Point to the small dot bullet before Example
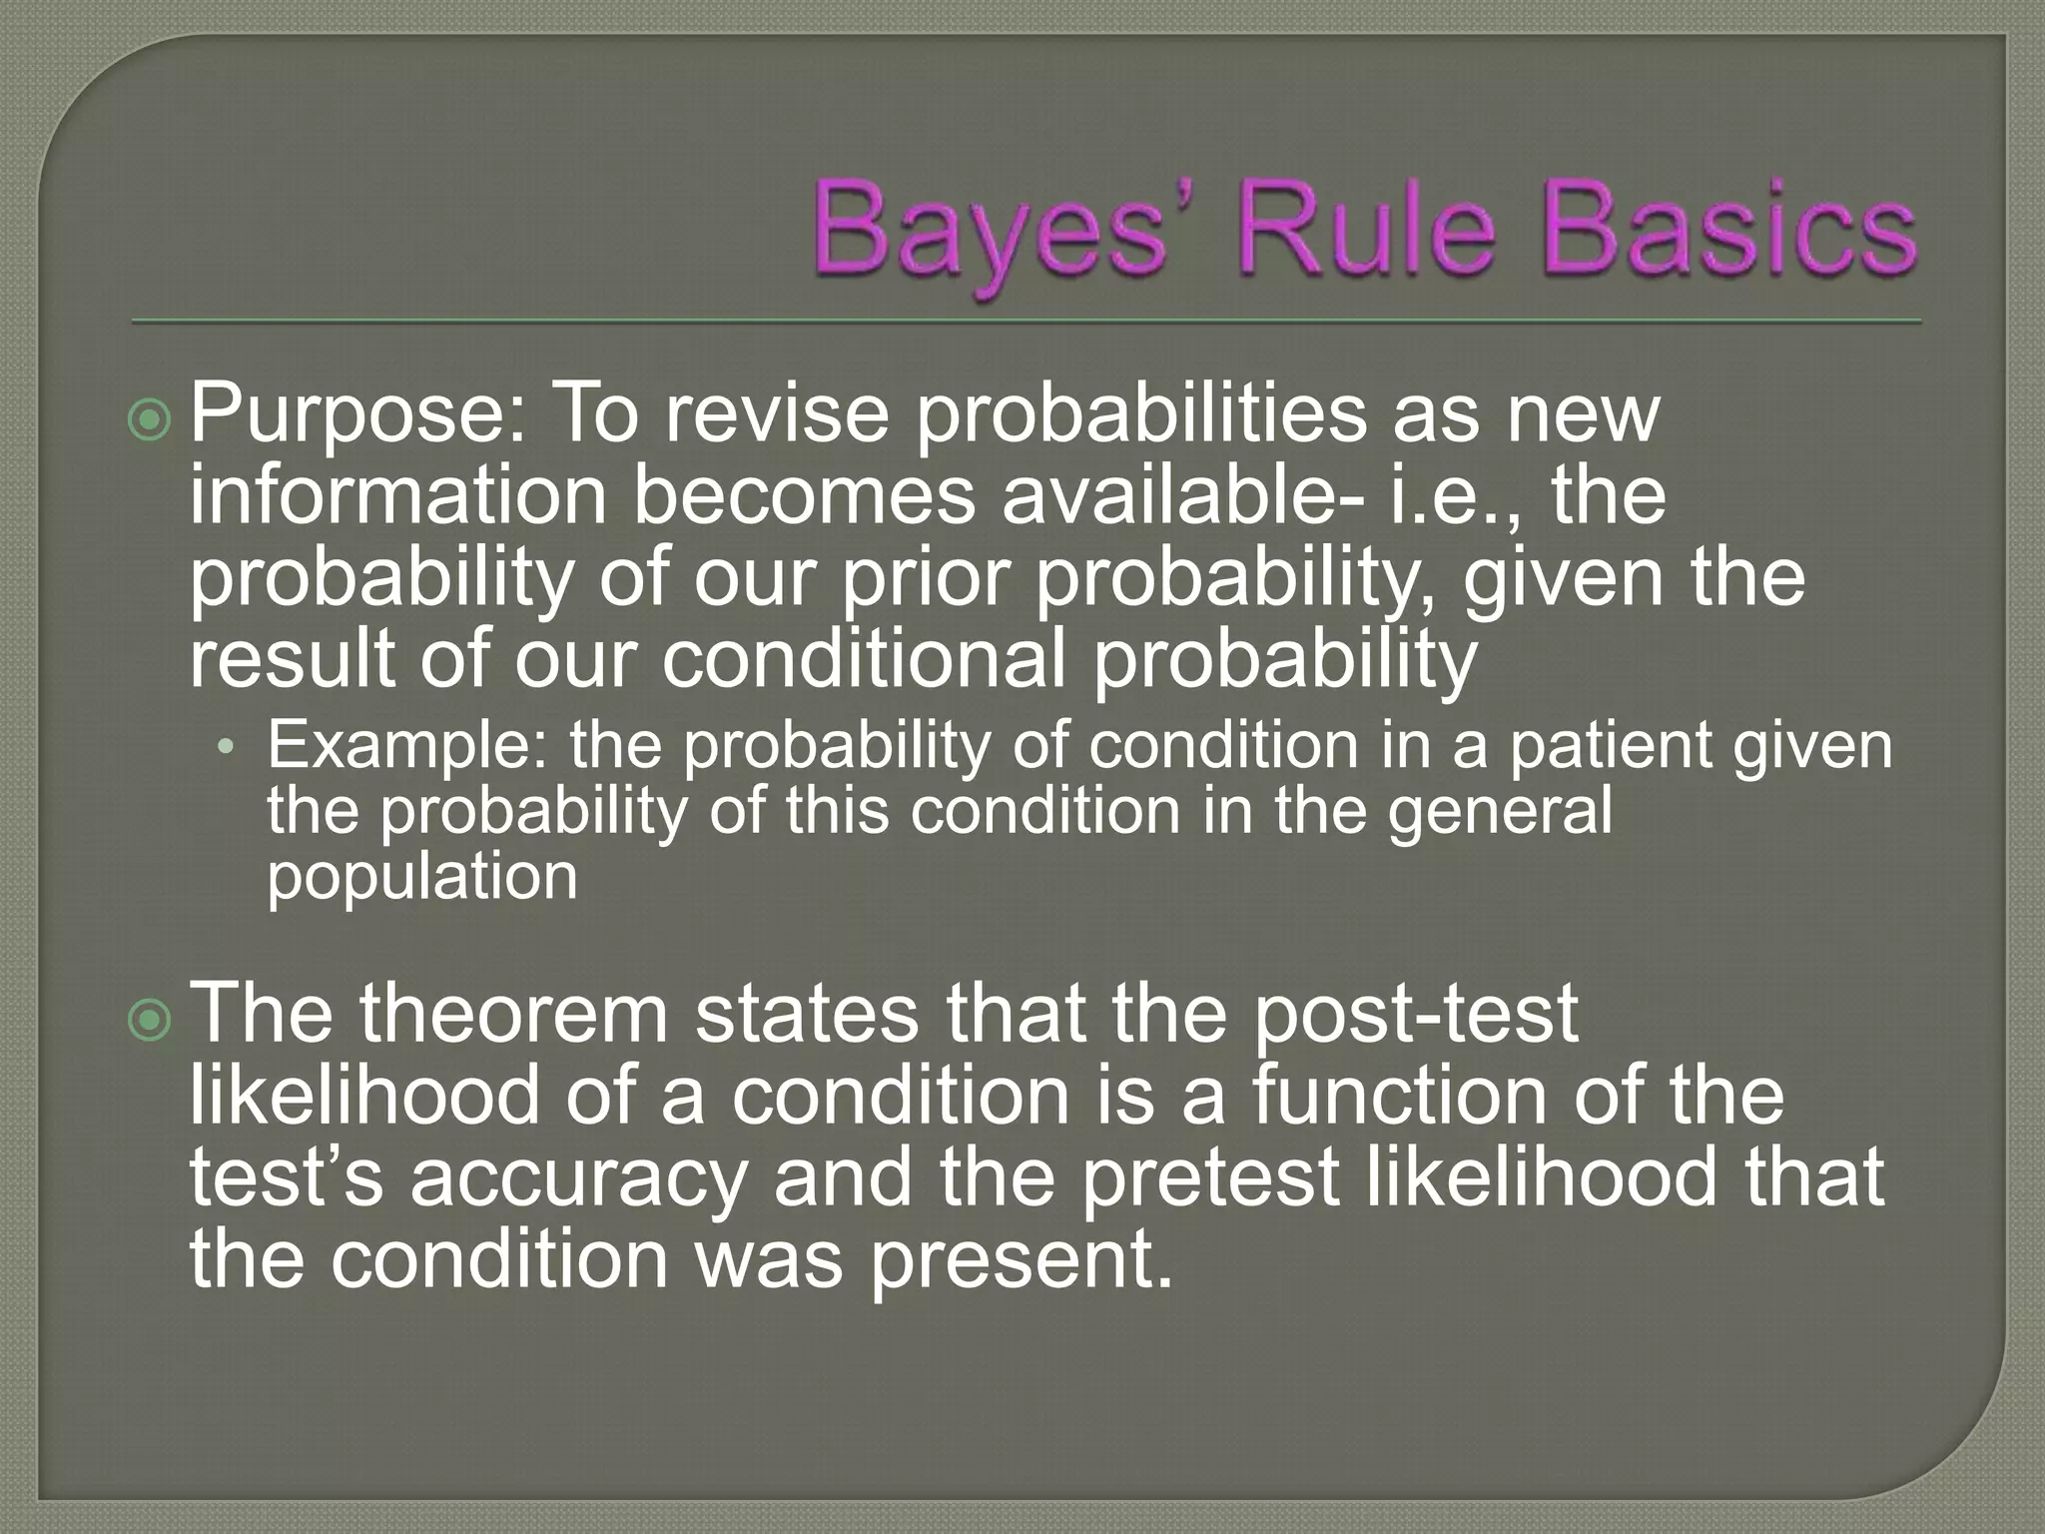point(227,748)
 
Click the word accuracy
point(578,1178)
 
